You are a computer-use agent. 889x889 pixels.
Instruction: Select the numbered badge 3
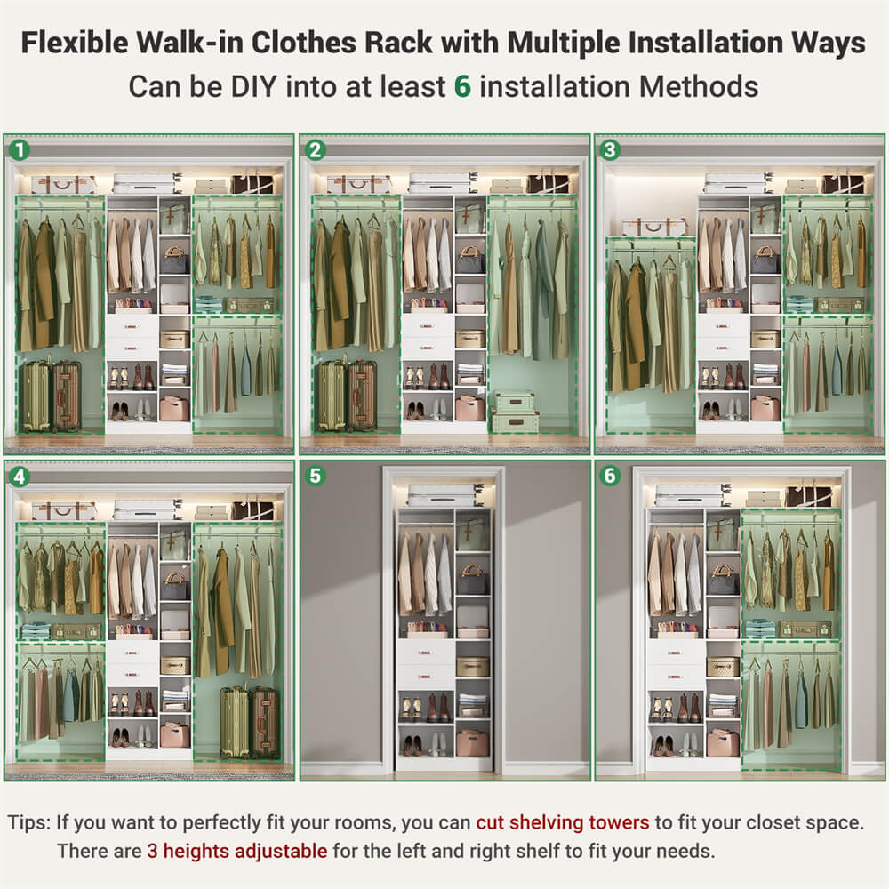click(610, 150)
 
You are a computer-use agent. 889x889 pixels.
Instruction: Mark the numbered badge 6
click(610, 476)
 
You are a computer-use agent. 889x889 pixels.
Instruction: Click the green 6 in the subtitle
click(462, 86)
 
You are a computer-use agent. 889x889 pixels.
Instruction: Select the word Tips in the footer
click(28, 821)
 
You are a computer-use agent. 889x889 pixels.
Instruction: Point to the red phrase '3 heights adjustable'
click(237, 851)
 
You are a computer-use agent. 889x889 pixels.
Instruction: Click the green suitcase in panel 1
click(36, 396)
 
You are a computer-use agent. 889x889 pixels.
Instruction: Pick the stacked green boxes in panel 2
click(516, 412)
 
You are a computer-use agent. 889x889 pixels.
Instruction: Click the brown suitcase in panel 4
click(264, 722)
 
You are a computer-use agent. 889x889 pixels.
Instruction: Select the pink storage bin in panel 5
click(472, 741)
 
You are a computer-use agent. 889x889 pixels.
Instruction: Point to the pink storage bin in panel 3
click(765, 408)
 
